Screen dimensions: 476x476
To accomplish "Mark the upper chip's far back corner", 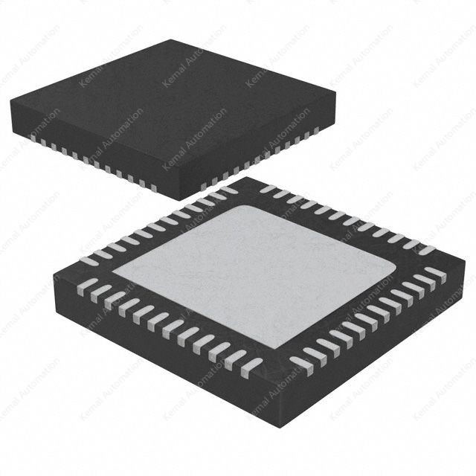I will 173,40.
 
